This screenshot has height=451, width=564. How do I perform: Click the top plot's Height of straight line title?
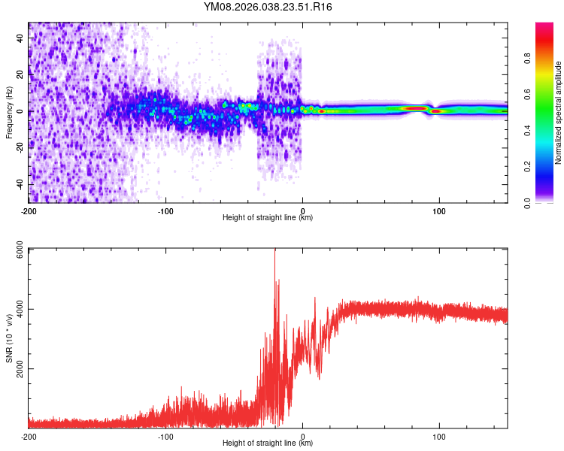tap(268, 218)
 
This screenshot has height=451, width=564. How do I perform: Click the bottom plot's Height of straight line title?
tap(268, 443)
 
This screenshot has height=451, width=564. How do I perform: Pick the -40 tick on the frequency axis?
tap(20, 185)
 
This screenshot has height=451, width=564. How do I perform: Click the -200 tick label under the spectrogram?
tap(29, 210)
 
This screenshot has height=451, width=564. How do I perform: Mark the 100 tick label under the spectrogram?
tap(439, 210)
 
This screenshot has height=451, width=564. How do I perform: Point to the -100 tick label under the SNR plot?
tap(165, 436)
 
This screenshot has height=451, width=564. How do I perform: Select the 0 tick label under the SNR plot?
tap(303, 436)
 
